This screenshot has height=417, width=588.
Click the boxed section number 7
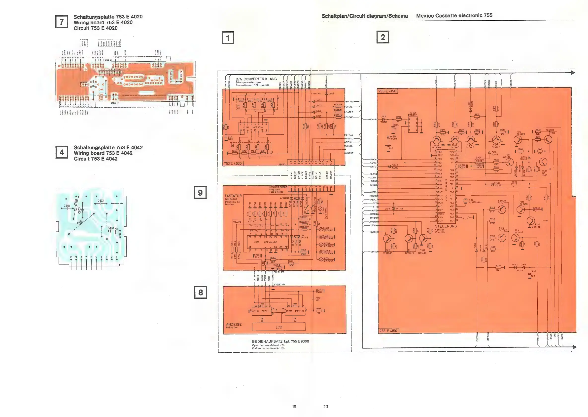tap(62, 22)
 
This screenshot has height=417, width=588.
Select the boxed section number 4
tap(62, 153)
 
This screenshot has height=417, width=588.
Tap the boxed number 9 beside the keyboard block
tap(200, 193)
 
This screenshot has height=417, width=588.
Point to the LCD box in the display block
tap(279, 327)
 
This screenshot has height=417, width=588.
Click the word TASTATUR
tap(233, 196)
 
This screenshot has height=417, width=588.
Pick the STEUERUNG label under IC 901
tap(446, 226)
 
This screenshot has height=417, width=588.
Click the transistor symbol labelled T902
tap(436, 140)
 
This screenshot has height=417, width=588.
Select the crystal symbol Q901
tap(465, 201)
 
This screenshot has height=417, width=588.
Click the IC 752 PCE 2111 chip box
tap(295, 311)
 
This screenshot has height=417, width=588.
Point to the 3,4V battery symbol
tap(388, 148)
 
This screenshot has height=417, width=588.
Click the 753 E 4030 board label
tap(233, 163)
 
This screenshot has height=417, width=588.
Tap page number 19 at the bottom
tap(294, 407)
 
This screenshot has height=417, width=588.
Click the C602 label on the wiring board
tap(101, 201)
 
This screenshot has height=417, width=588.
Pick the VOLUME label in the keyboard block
tap(237, 222)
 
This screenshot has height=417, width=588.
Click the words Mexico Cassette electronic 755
tap(454, 15)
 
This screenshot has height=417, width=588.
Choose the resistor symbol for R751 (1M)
tap(318, 311)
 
